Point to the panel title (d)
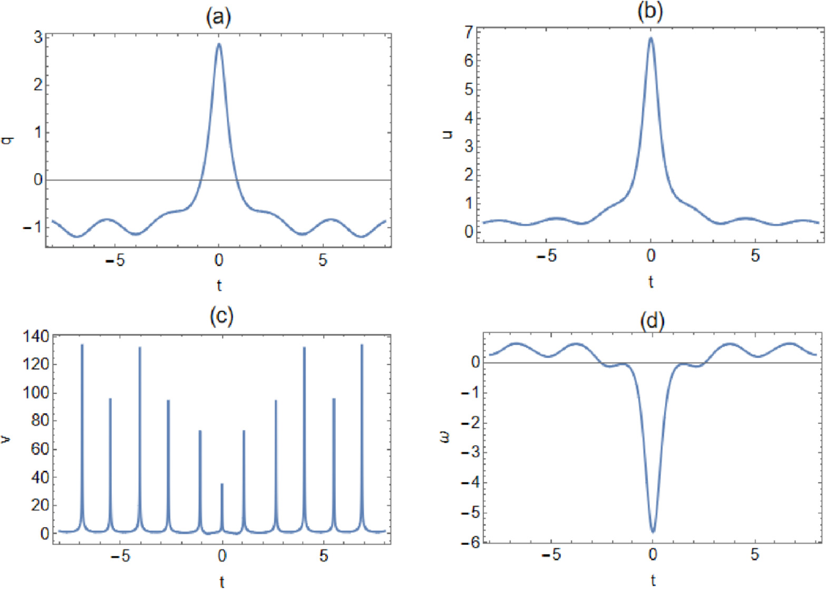click(652, 321)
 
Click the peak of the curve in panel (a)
click(219, 44)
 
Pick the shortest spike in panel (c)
click(222, 484)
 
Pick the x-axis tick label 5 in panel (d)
click(755, 555)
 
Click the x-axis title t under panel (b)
click(650, 282)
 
